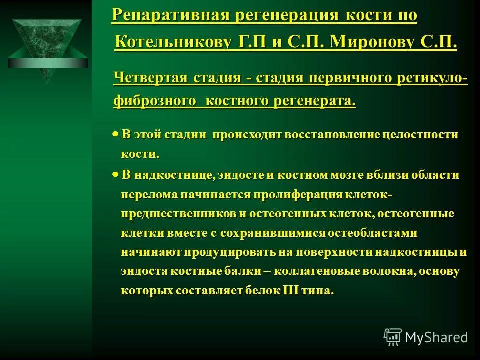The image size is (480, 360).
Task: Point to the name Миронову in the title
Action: tap(376, 42)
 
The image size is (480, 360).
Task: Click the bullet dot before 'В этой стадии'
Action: tap(115, 134)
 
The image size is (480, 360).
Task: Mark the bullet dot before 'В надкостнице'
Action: tap(115, 175)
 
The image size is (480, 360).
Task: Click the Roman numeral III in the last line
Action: tap(291, 291)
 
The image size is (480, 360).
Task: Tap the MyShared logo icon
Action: tap(393, 337)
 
